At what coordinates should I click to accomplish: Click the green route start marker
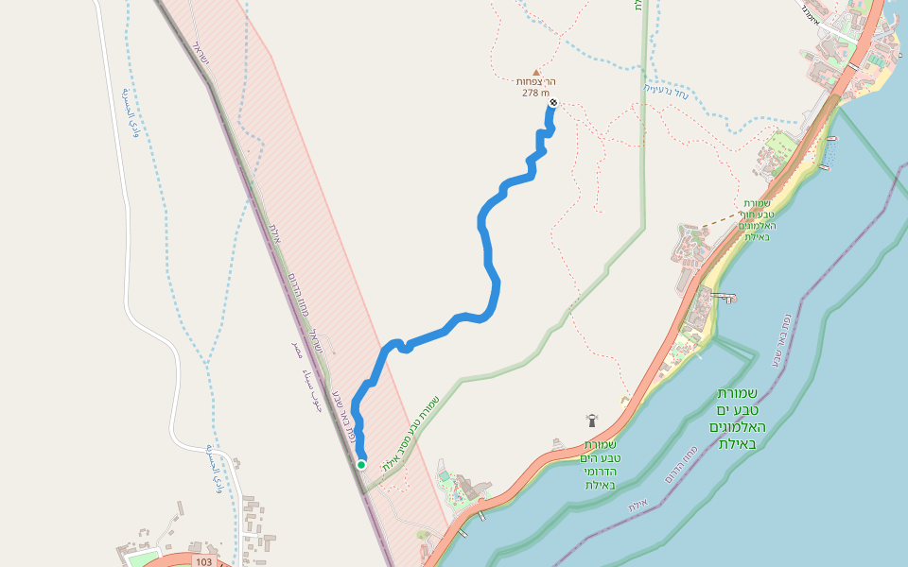click(x=361, y=464)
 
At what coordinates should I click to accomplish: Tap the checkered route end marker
click(x=553, y=103)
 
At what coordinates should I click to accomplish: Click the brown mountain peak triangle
click(x=536, y=72)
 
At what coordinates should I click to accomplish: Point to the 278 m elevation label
click(x=535, y=93)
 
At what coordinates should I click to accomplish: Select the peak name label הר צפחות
click(x=535, y=82)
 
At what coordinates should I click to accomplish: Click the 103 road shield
click(x=203, y=561)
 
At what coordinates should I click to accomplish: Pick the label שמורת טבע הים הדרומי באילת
click(x=601, y=464)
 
